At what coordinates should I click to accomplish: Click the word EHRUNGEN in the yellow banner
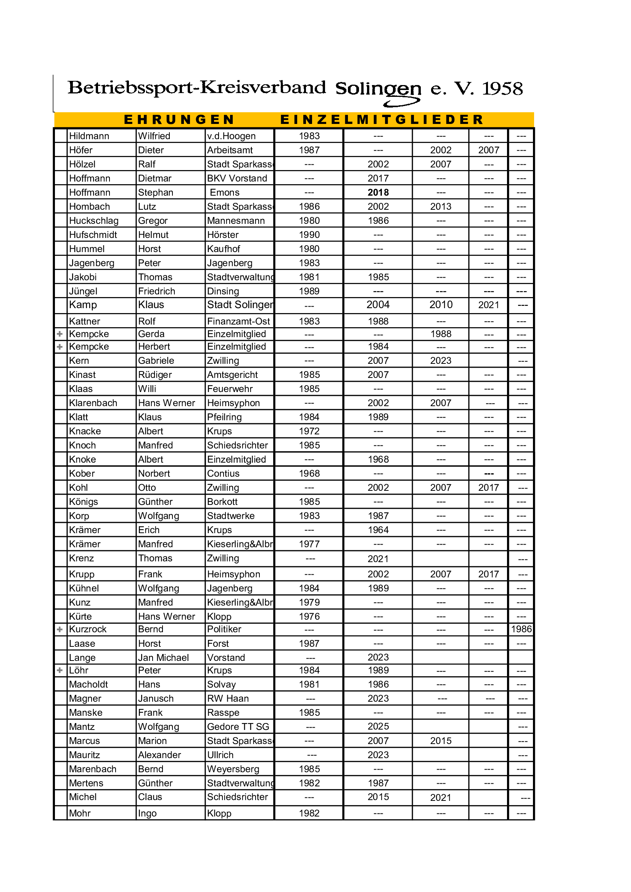(179, 119)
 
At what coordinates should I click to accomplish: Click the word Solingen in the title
(378, 89)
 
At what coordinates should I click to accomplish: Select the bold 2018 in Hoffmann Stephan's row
(378, 192)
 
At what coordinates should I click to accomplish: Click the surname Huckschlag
(93, 221)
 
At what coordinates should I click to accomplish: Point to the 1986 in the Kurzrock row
(521, 629)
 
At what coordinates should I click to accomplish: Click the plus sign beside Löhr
(60, 670)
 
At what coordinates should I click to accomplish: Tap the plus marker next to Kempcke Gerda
(60, 334)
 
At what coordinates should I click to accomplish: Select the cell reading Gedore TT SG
(238, 726)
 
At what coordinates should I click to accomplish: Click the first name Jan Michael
(163, 657)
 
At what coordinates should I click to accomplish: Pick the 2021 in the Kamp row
(488, 305)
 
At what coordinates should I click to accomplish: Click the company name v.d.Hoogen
(231, 136)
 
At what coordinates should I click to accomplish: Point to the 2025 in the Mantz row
(378, 726)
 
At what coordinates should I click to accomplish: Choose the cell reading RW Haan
(228, 699)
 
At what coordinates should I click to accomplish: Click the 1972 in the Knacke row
(309, 431)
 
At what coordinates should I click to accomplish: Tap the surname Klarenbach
(93, 403)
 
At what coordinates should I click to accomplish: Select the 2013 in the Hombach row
(441, 206)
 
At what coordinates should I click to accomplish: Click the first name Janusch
(156, 699)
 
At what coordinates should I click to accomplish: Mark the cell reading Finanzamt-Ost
(238, 321)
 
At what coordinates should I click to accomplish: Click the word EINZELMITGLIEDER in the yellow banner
(382, 119)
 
